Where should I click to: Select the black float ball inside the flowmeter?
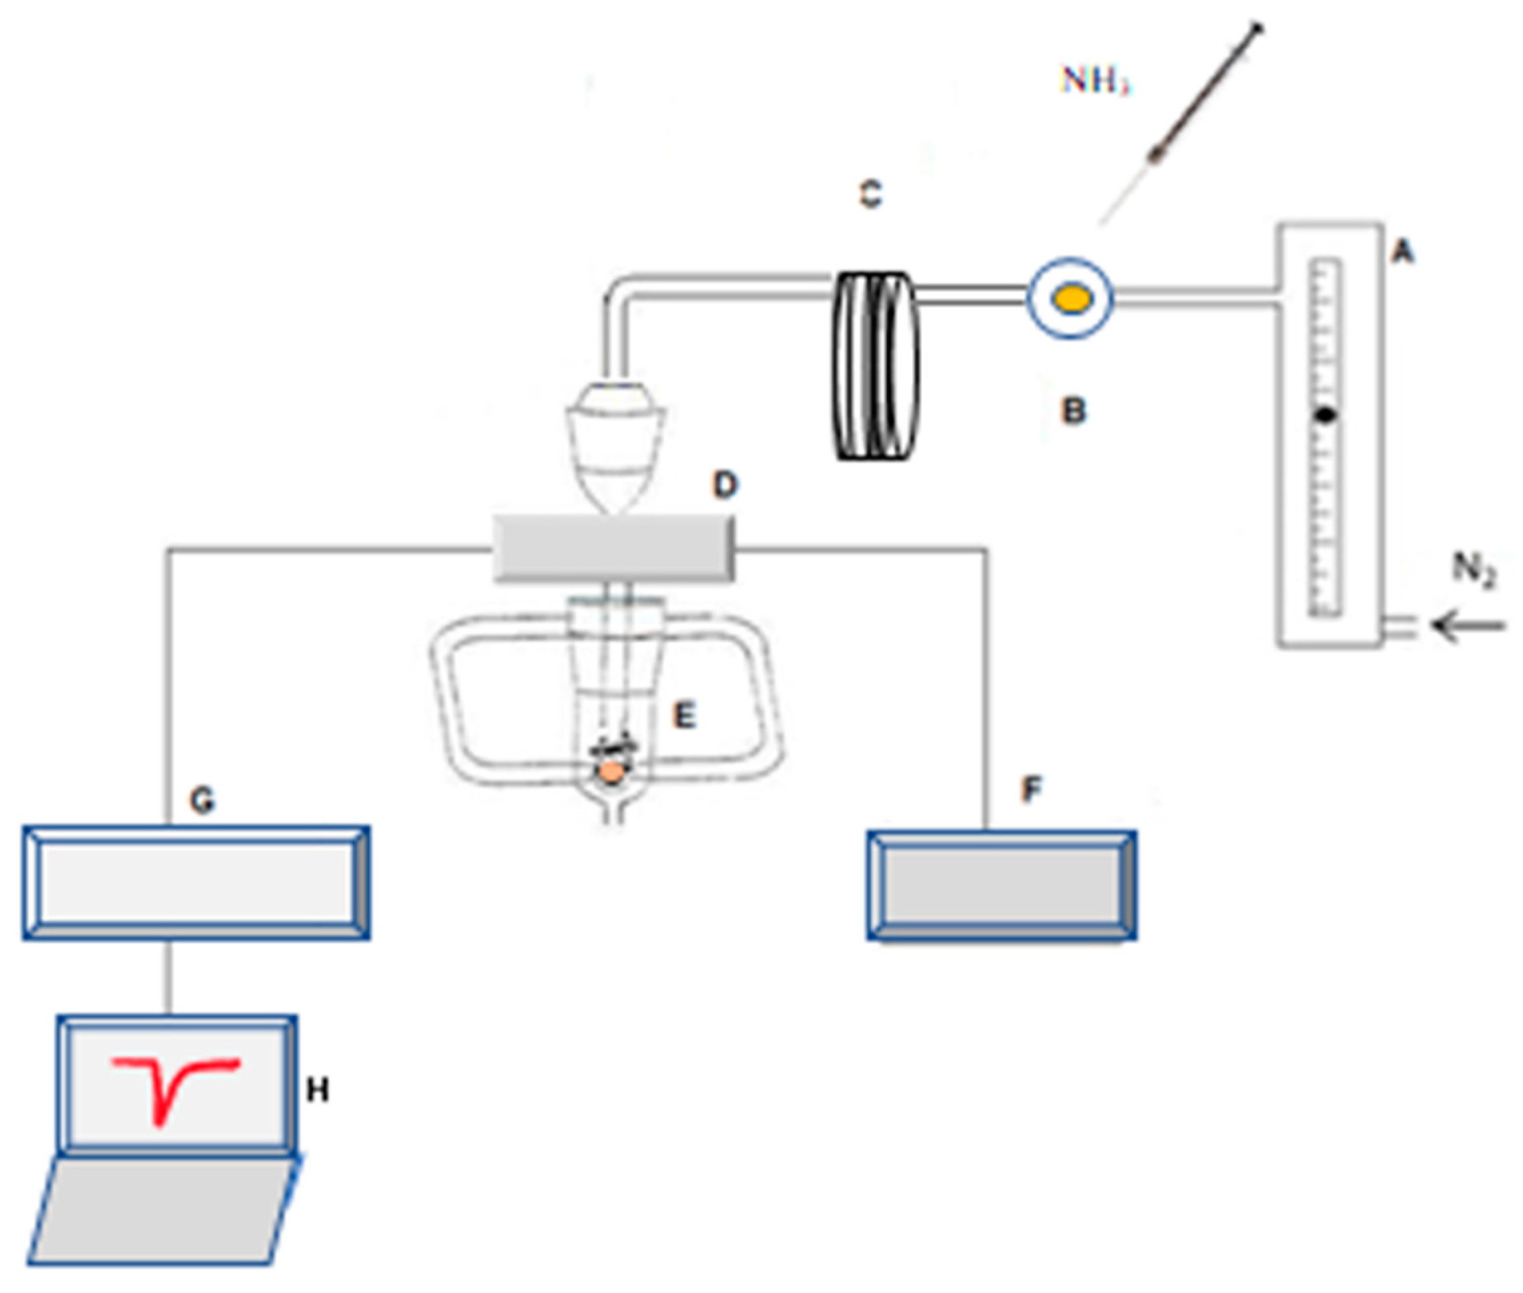click(x=1325, y=415)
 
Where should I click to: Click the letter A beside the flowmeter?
click(x=1402, y=253)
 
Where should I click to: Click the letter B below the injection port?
click(x=1073, y=411)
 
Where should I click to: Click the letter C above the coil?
click(x=871, y=194)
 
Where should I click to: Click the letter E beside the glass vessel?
click(x=683, y=715)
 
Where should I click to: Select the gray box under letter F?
click(x=1001, y=886)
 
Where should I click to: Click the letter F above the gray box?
click(x=1030, y=789)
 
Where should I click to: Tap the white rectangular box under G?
click(x=196, y=882)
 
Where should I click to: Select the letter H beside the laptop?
click(x=317, y=1091)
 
